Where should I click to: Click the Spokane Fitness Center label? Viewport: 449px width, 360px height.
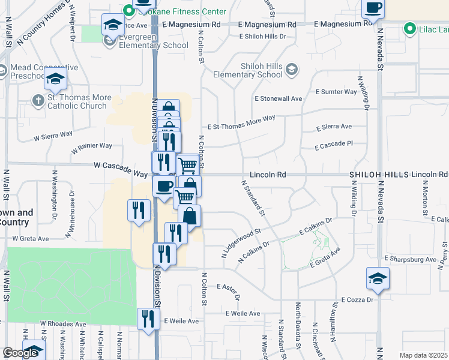pos(175,11)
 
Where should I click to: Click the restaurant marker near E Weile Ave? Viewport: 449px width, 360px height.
pos(146,319)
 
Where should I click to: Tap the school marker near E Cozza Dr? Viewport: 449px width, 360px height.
pos(378,278)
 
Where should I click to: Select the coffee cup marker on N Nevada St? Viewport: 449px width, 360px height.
pos(373,8)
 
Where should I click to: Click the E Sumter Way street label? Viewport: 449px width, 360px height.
pos(336,92)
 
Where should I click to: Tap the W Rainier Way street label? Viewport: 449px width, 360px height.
pos(92,146)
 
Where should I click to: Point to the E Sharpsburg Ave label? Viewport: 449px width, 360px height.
pos(411,259)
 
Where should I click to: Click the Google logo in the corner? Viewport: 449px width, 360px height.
pos(20,353)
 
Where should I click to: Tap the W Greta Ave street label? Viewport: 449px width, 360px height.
pos(31,239)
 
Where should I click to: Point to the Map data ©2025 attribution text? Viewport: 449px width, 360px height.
pos(424,355)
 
